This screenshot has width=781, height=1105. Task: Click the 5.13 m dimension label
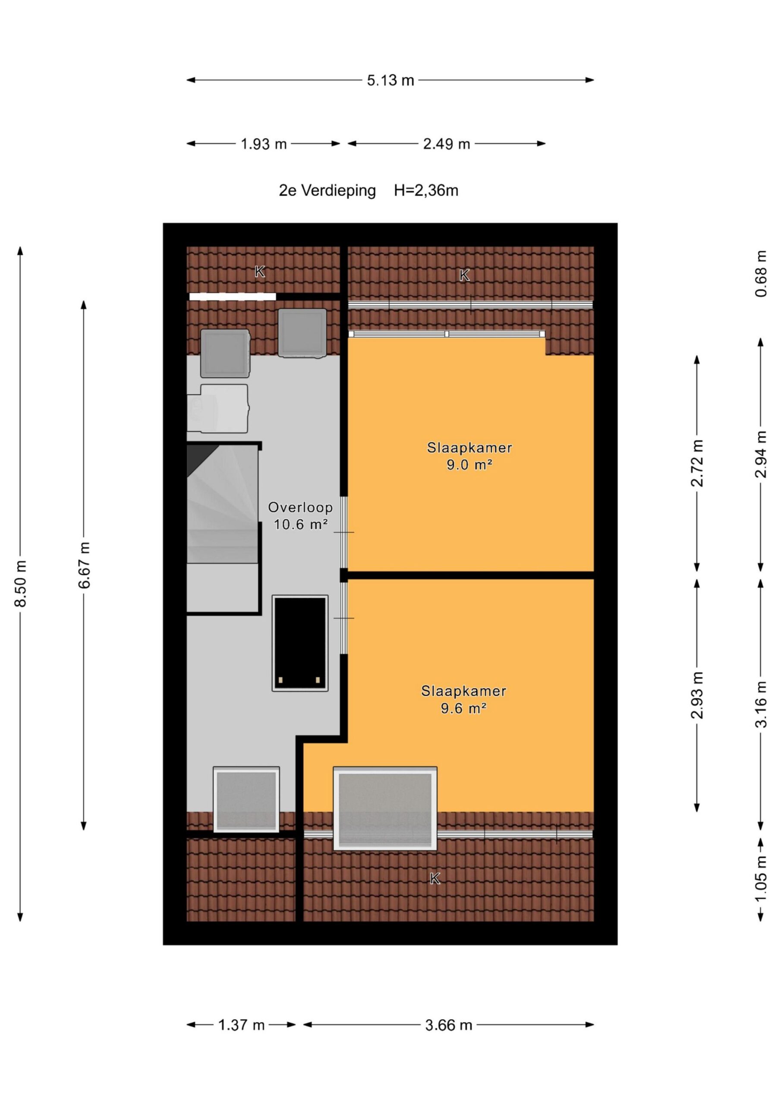[390, 80]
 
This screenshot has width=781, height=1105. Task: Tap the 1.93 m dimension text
[264, 144]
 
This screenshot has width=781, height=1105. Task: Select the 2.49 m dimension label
[447, 144]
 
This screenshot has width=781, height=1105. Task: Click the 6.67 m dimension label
[85, 565]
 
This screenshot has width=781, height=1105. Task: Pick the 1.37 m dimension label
[242, 1025]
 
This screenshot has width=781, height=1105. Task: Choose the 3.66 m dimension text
[448, 1025]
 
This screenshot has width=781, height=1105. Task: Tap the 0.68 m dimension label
[761, 274]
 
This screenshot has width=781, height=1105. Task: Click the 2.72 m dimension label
[697, 463]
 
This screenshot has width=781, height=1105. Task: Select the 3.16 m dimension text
[761, 704]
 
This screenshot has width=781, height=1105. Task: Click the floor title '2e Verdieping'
[327, 191]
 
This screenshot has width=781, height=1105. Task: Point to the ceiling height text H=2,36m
[426, 191]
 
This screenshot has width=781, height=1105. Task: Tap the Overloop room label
[300, 507]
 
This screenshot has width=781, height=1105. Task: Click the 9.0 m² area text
[469, 465]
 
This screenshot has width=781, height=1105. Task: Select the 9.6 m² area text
[463, 708]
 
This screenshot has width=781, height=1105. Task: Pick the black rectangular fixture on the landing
[300, 643]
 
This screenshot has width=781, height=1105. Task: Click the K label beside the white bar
[259, 272]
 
